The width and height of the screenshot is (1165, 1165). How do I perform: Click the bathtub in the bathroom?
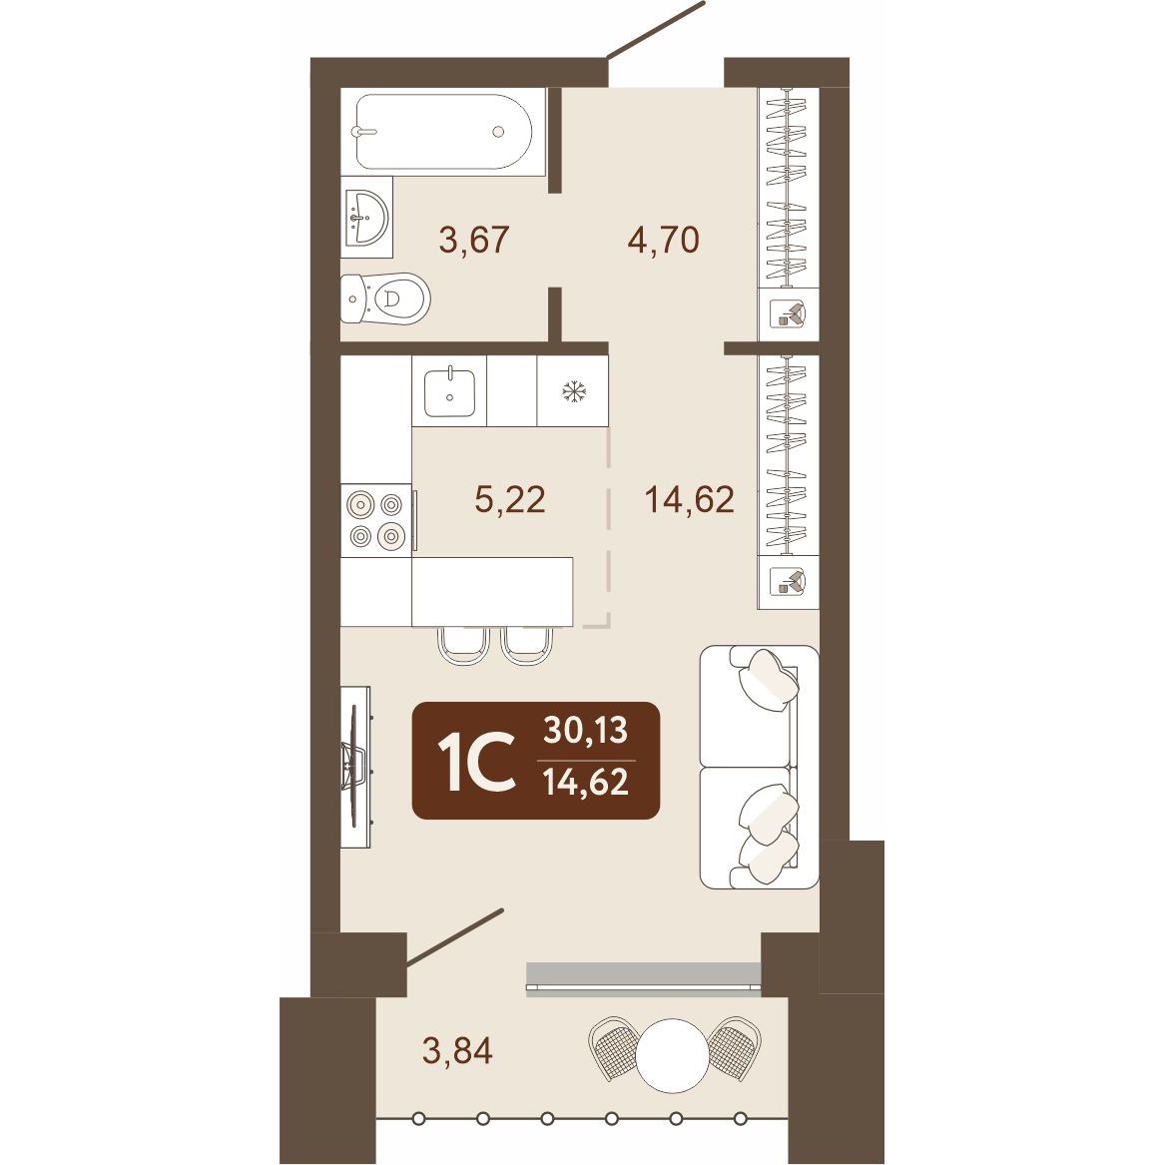(443, 132)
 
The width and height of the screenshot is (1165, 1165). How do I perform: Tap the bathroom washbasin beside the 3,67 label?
(367, 217)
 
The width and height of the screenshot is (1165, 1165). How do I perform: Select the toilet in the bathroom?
(385, 298)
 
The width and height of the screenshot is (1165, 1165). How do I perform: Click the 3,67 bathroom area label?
(474, 240)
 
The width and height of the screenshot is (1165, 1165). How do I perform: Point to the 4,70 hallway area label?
(664, 240)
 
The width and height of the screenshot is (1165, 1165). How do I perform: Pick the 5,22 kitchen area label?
(510, 499)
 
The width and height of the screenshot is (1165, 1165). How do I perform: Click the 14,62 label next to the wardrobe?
(690, 499)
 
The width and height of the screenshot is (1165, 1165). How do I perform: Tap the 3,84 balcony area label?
(457, 1050)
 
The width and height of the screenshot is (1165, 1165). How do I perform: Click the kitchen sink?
(449, 391)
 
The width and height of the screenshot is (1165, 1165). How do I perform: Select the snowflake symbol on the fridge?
(573, 390)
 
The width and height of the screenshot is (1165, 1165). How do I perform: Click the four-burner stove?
(376, 519)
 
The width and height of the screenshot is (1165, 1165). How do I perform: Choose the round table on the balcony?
(673, 1054)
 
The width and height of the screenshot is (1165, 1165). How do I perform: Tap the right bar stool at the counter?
(528, 644)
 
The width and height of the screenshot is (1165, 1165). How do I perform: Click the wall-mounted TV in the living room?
(356, 766)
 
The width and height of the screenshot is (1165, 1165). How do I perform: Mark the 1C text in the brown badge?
(476, 761)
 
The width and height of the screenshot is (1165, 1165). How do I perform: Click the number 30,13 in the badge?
(585, 731)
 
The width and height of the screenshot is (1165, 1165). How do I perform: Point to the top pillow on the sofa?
(769, 679)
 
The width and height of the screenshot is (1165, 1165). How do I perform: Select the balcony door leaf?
(454, 937)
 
